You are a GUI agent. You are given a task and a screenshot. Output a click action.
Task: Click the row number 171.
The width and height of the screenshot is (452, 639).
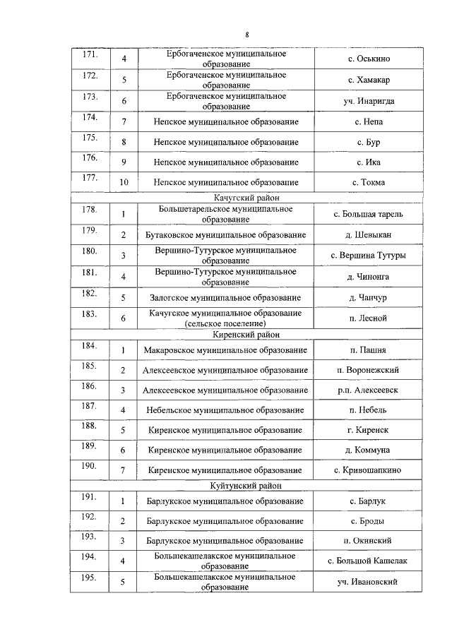pyautogui.click(x=90, y=54)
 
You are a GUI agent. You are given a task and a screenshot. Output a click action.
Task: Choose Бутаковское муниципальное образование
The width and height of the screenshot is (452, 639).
pyautogui.click(x=225, y=234)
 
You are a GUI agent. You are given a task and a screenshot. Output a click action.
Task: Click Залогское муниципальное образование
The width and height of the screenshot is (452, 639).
pyautogui.click(x=225, y=298)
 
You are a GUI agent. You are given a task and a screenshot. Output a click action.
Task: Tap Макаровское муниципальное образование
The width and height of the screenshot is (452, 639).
pyautogui.click(x=225, y=350)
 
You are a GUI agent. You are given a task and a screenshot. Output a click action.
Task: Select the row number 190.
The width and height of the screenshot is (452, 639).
pyautogui.click(x=90, y=465)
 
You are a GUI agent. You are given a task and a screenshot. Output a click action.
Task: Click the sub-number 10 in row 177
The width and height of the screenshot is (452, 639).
pyautogui.click(x=124, y=182)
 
